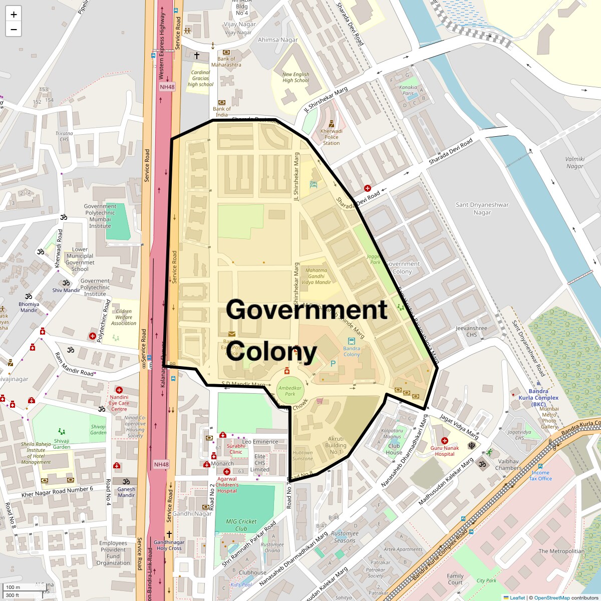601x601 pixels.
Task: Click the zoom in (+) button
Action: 14,15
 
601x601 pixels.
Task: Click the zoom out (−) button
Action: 14,29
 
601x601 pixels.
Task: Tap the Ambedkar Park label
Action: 290,391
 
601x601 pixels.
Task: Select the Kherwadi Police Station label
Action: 331,137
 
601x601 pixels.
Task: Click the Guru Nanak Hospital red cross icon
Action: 444,441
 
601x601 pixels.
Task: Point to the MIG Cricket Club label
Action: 241,525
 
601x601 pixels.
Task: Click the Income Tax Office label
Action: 540,475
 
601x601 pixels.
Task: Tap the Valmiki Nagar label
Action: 574,163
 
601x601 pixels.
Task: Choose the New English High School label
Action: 295,77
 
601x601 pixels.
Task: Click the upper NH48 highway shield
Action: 167,87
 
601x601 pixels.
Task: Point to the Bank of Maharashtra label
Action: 226,62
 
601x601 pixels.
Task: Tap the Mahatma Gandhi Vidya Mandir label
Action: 316,276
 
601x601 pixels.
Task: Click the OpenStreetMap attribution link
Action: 551,597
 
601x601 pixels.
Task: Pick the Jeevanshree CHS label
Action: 471,332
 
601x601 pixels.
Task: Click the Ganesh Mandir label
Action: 126,492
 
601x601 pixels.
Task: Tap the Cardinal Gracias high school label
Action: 200,79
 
